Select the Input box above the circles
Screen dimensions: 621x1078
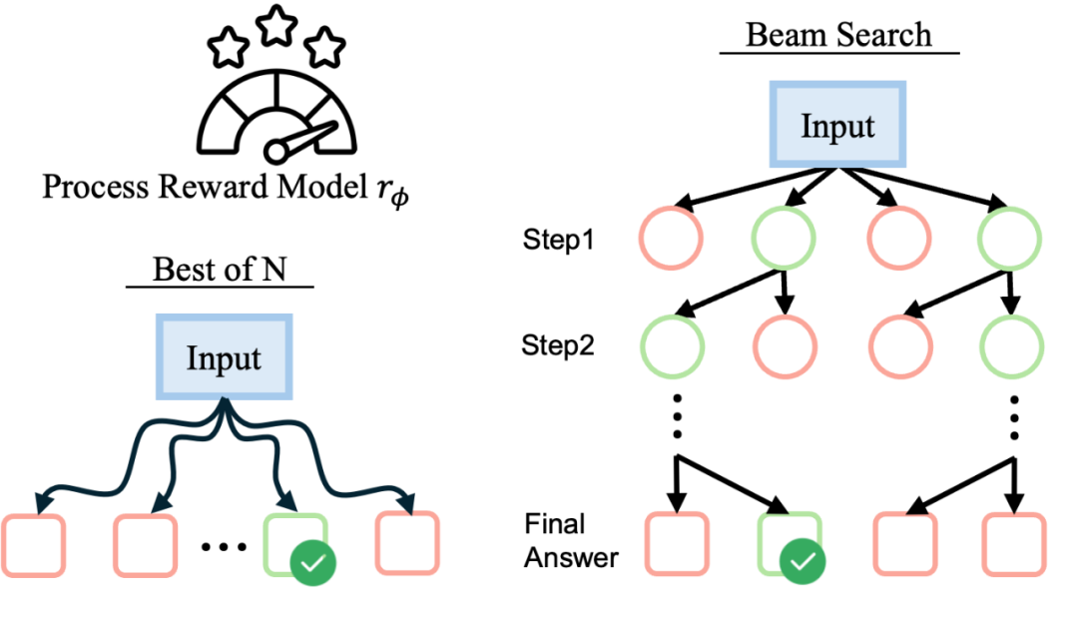pos(837,125)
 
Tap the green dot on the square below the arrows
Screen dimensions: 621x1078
pos(312,563)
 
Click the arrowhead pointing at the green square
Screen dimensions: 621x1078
pos(289,502)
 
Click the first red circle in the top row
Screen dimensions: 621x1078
pos(671,239)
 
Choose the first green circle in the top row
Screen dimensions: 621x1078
pos(783,239)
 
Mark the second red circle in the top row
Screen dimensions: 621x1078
pos(898,239)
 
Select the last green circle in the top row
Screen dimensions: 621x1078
pos(1009,239)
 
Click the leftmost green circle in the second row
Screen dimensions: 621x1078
pos(672,346)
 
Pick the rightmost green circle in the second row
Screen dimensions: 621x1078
pos(1011,346)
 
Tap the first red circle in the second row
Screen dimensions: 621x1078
pos(785,346)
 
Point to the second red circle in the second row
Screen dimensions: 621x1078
pos(899,346)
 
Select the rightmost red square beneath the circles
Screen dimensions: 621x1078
pos(1013,544)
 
